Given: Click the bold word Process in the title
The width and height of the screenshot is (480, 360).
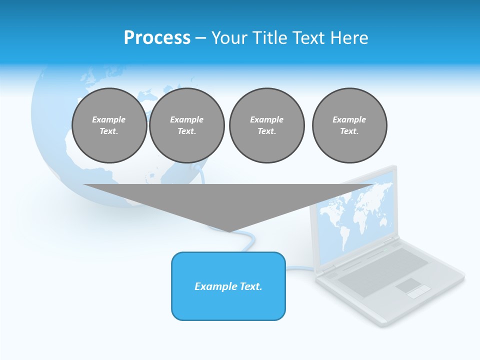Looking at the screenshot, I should click(157, 38).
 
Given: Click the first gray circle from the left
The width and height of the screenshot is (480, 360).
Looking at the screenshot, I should click(109, 125).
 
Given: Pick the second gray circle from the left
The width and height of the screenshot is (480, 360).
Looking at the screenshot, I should click(186, 125).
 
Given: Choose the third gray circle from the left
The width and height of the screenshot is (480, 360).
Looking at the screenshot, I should click(266, 125).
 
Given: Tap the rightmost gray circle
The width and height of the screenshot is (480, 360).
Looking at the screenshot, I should click(349, 125).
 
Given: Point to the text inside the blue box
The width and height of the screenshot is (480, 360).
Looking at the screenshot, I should click(228, 286).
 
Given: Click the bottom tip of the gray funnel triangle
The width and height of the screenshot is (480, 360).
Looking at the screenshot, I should click(229, 230).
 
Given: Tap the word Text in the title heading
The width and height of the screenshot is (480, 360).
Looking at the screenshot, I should click(308, 38).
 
